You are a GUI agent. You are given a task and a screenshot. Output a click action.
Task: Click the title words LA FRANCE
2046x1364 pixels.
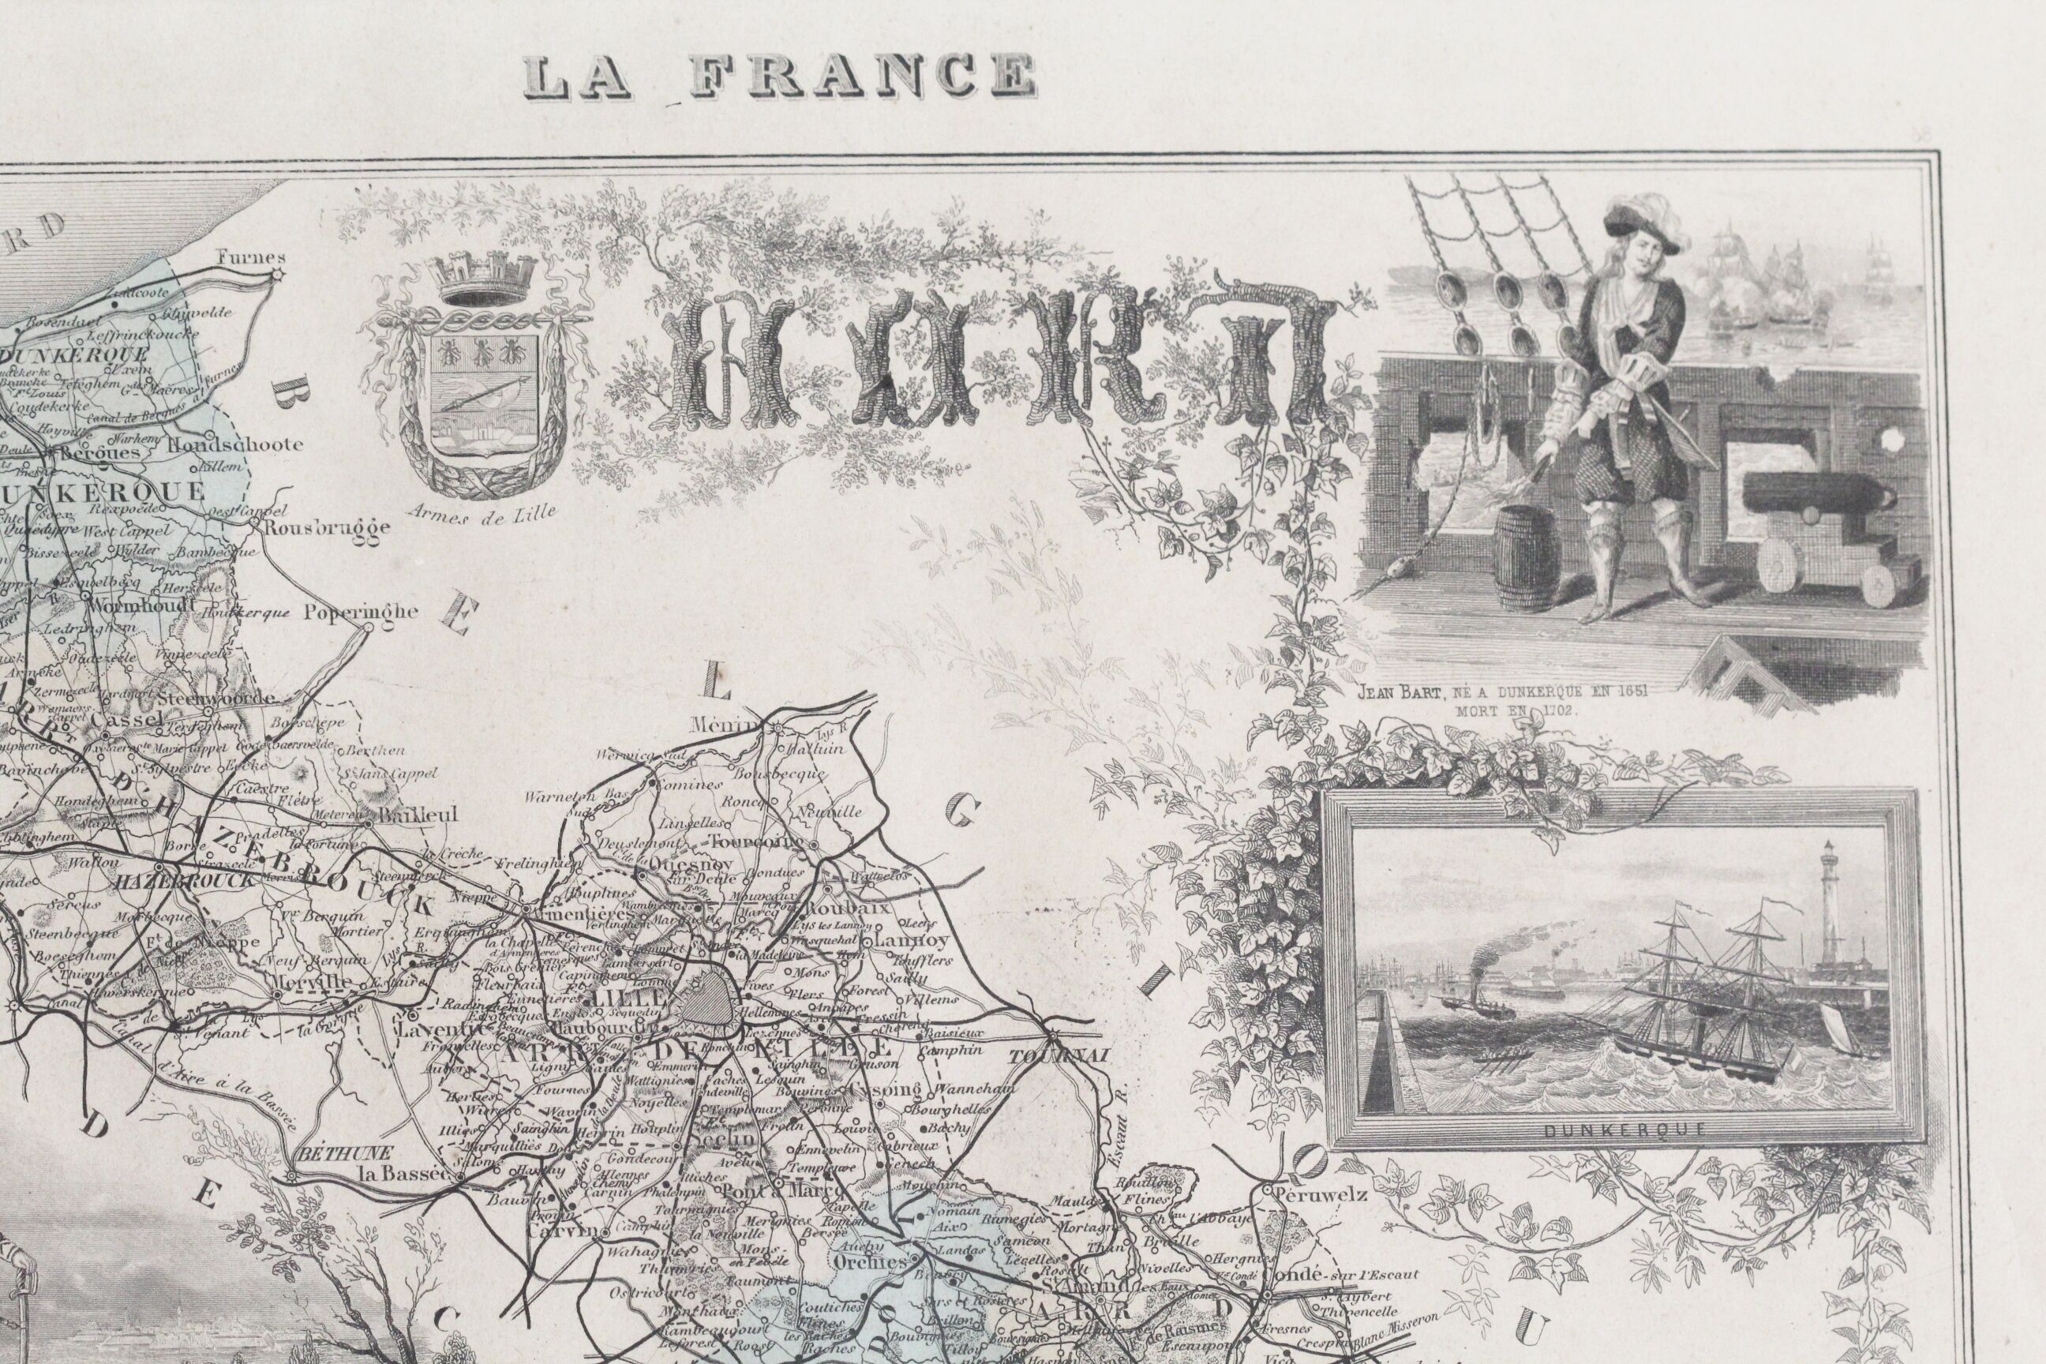(x=779, y=77)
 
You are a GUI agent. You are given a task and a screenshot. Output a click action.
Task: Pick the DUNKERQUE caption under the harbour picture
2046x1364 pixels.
(x=1620, y=1131)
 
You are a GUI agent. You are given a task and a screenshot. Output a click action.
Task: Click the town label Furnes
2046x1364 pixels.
(x=240, y=257)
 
